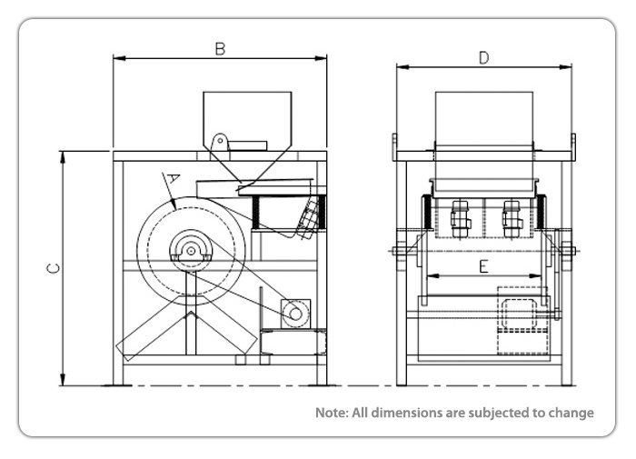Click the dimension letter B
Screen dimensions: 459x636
(220, 48)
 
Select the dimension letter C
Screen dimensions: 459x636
(54, 269)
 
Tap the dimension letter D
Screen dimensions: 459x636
(484, 57)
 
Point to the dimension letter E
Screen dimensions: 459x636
(483, 266)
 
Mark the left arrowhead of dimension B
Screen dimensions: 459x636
(116, 58)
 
